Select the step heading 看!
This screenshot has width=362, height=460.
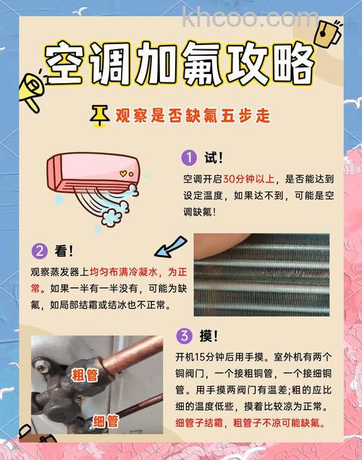[x=64, y=251]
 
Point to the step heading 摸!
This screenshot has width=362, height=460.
[x=209, y=335]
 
